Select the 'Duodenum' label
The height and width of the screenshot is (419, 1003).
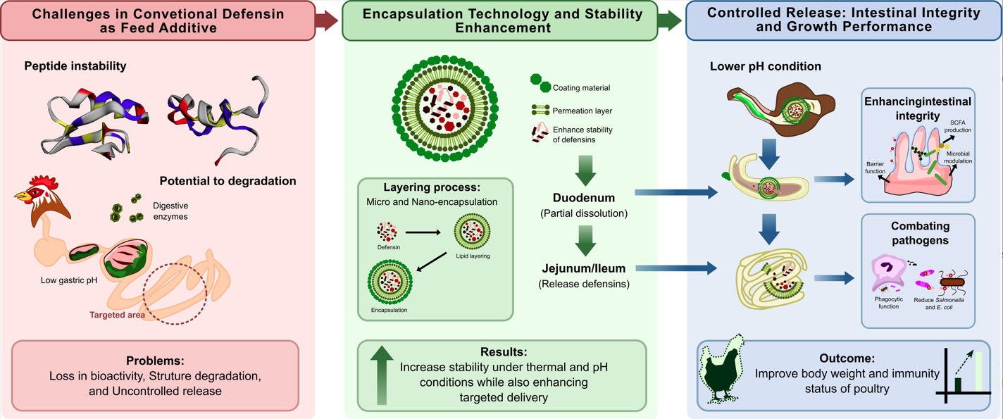[x=583, y=198]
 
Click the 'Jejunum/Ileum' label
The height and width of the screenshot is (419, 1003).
[x=583, y=268]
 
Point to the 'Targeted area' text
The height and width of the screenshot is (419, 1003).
[x=117, y=315]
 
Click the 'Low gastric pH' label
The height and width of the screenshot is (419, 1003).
[x=69, y=280]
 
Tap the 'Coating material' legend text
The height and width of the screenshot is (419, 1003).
[x=581, y=88]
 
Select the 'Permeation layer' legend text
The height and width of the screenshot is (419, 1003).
[x=582, y=111]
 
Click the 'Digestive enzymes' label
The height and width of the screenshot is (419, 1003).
[x=170, y=211]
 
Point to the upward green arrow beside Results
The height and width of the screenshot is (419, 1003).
[x=382, y=375]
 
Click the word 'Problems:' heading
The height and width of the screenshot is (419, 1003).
[x=155, y=361]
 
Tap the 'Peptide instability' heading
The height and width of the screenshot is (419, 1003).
[x=75, y=65]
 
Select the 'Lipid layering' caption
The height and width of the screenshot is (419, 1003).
[x=473, y=256]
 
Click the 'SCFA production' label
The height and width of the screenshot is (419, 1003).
[x=958, y=126]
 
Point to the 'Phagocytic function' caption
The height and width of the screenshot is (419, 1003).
[x=888, y=303]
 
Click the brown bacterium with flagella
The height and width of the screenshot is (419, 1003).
[x=952, y=281]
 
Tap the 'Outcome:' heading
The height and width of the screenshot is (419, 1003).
[x=847, y=358]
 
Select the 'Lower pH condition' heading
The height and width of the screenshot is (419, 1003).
[x=765, y=66]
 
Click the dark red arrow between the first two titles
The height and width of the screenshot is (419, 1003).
[x=326, y=20]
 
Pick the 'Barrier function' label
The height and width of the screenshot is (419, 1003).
[x=875, y=168]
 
